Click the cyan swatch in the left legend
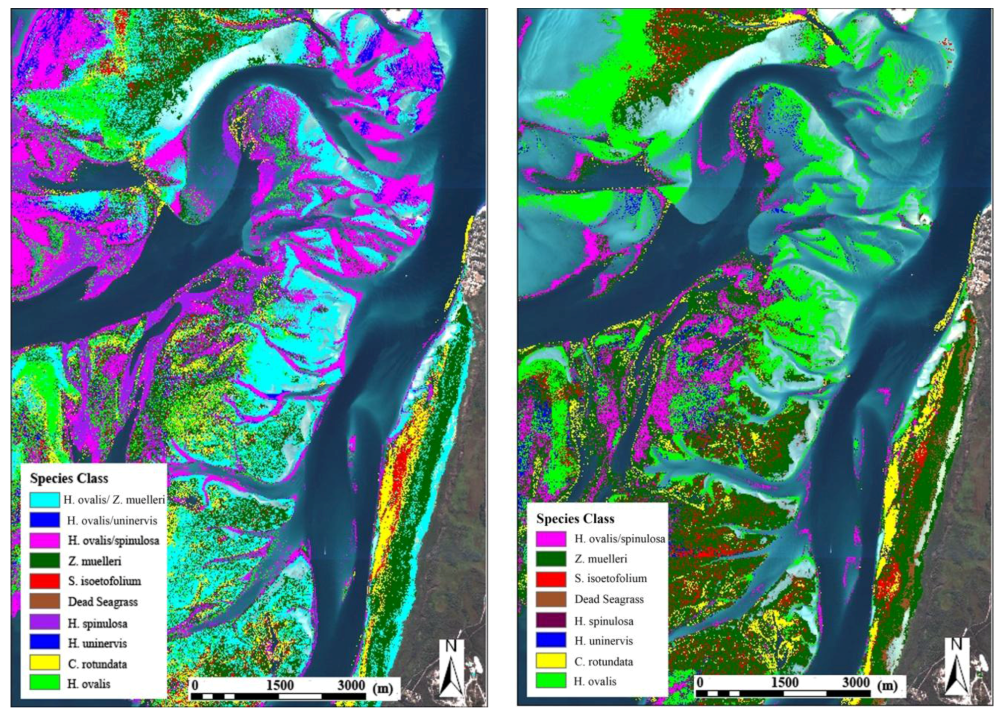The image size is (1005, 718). pos(45,499)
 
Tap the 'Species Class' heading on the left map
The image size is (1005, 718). pos(69,478)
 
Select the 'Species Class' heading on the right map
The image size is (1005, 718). pos(575,519)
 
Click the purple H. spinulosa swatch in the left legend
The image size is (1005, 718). pos(45,622)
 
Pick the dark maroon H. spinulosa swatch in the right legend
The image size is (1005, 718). pos(551,620)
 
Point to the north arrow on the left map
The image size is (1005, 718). pos(451,668)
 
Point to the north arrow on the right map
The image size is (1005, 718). pos(956,667)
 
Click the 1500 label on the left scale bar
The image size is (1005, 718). pos(280,685)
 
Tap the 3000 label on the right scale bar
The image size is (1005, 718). pos(856,683)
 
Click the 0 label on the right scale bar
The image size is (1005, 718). pos(699,683)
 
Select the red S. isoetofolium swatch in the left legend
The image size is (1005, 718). pos(45,581)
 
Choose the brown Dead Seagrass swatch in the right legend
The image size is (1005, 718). pos(551,599)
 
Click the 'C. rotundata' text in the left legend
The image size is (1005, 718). pos(97,664)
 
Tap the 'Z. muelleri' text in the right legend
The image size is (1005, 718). pos(600,559)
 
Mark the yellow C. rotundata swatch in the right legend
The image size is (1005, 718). pos(551,661)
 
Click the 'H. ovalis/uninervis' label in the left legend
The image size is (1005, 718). pos(112,520)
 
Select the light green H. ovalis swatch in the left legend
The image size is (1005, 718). pos(45,683)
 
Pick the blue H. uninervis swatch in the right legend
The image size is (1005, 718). pos(551,640)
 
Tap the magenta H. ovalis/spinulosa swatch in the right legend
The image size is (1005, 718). pos(551,539)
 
